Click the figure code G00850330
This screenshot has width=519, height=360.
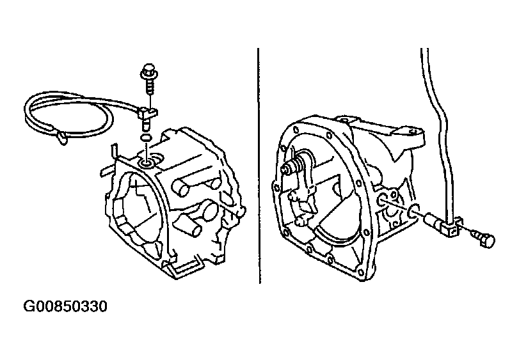point(65,306)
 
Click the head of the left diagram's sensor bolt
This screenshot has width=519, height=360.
point(149,70)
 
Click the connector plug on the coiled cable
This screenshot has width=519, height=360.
point(62,137)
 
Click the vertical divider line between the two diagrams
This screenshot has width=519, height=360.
point(259,165)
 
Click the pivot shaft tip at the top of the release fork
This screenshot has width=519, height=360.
point(285,169)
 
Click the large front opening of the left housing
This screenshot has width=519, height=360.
point(136,212)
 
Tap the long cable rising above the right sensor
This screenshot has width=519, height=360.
point(438,132)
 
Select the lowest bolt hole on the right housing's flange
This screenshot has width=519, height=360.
point(361,272)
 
